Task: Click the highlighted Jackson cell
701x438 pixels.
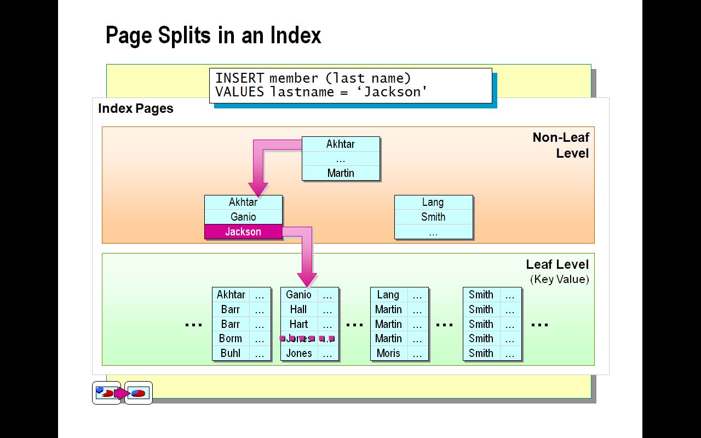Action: point(243,232)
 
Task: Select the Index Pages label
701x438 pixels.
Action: point(136,108)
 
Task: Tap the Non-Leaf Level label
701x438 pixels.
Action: point(560,145)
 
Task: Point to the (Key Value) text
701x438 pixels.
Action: point(559,279)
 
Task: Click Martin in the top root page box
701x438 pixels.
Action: point(341,173)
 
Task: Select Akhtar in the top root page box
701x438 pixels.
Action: point(341,144)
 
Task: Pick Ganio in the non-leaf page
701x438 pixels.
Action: point(243,217)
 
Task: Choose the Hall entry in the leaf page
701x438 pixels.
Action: point(298,309)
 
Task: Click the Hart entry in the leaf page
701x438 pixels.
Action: point(298,324)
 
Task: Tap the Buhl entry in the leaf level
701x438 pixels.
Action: point(231,353)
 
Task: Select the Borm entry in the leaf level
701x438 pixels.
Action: point(231,338)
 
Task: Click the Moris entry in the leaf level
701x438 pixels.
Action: point(388,353)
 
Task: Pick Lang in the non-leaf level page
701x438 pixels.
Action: point(433,202)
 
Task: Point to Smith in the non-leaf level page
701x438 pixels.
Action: point(433,217)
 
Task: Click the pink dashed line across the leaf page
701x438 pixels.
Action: point(307,338)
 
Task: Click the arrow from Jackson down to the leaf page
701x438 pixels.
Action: point(307,257)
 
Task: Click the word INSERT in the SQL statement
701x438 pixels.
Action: point(239,78)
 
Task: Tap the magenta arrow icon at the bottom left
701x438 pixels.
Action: point(122,393)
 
